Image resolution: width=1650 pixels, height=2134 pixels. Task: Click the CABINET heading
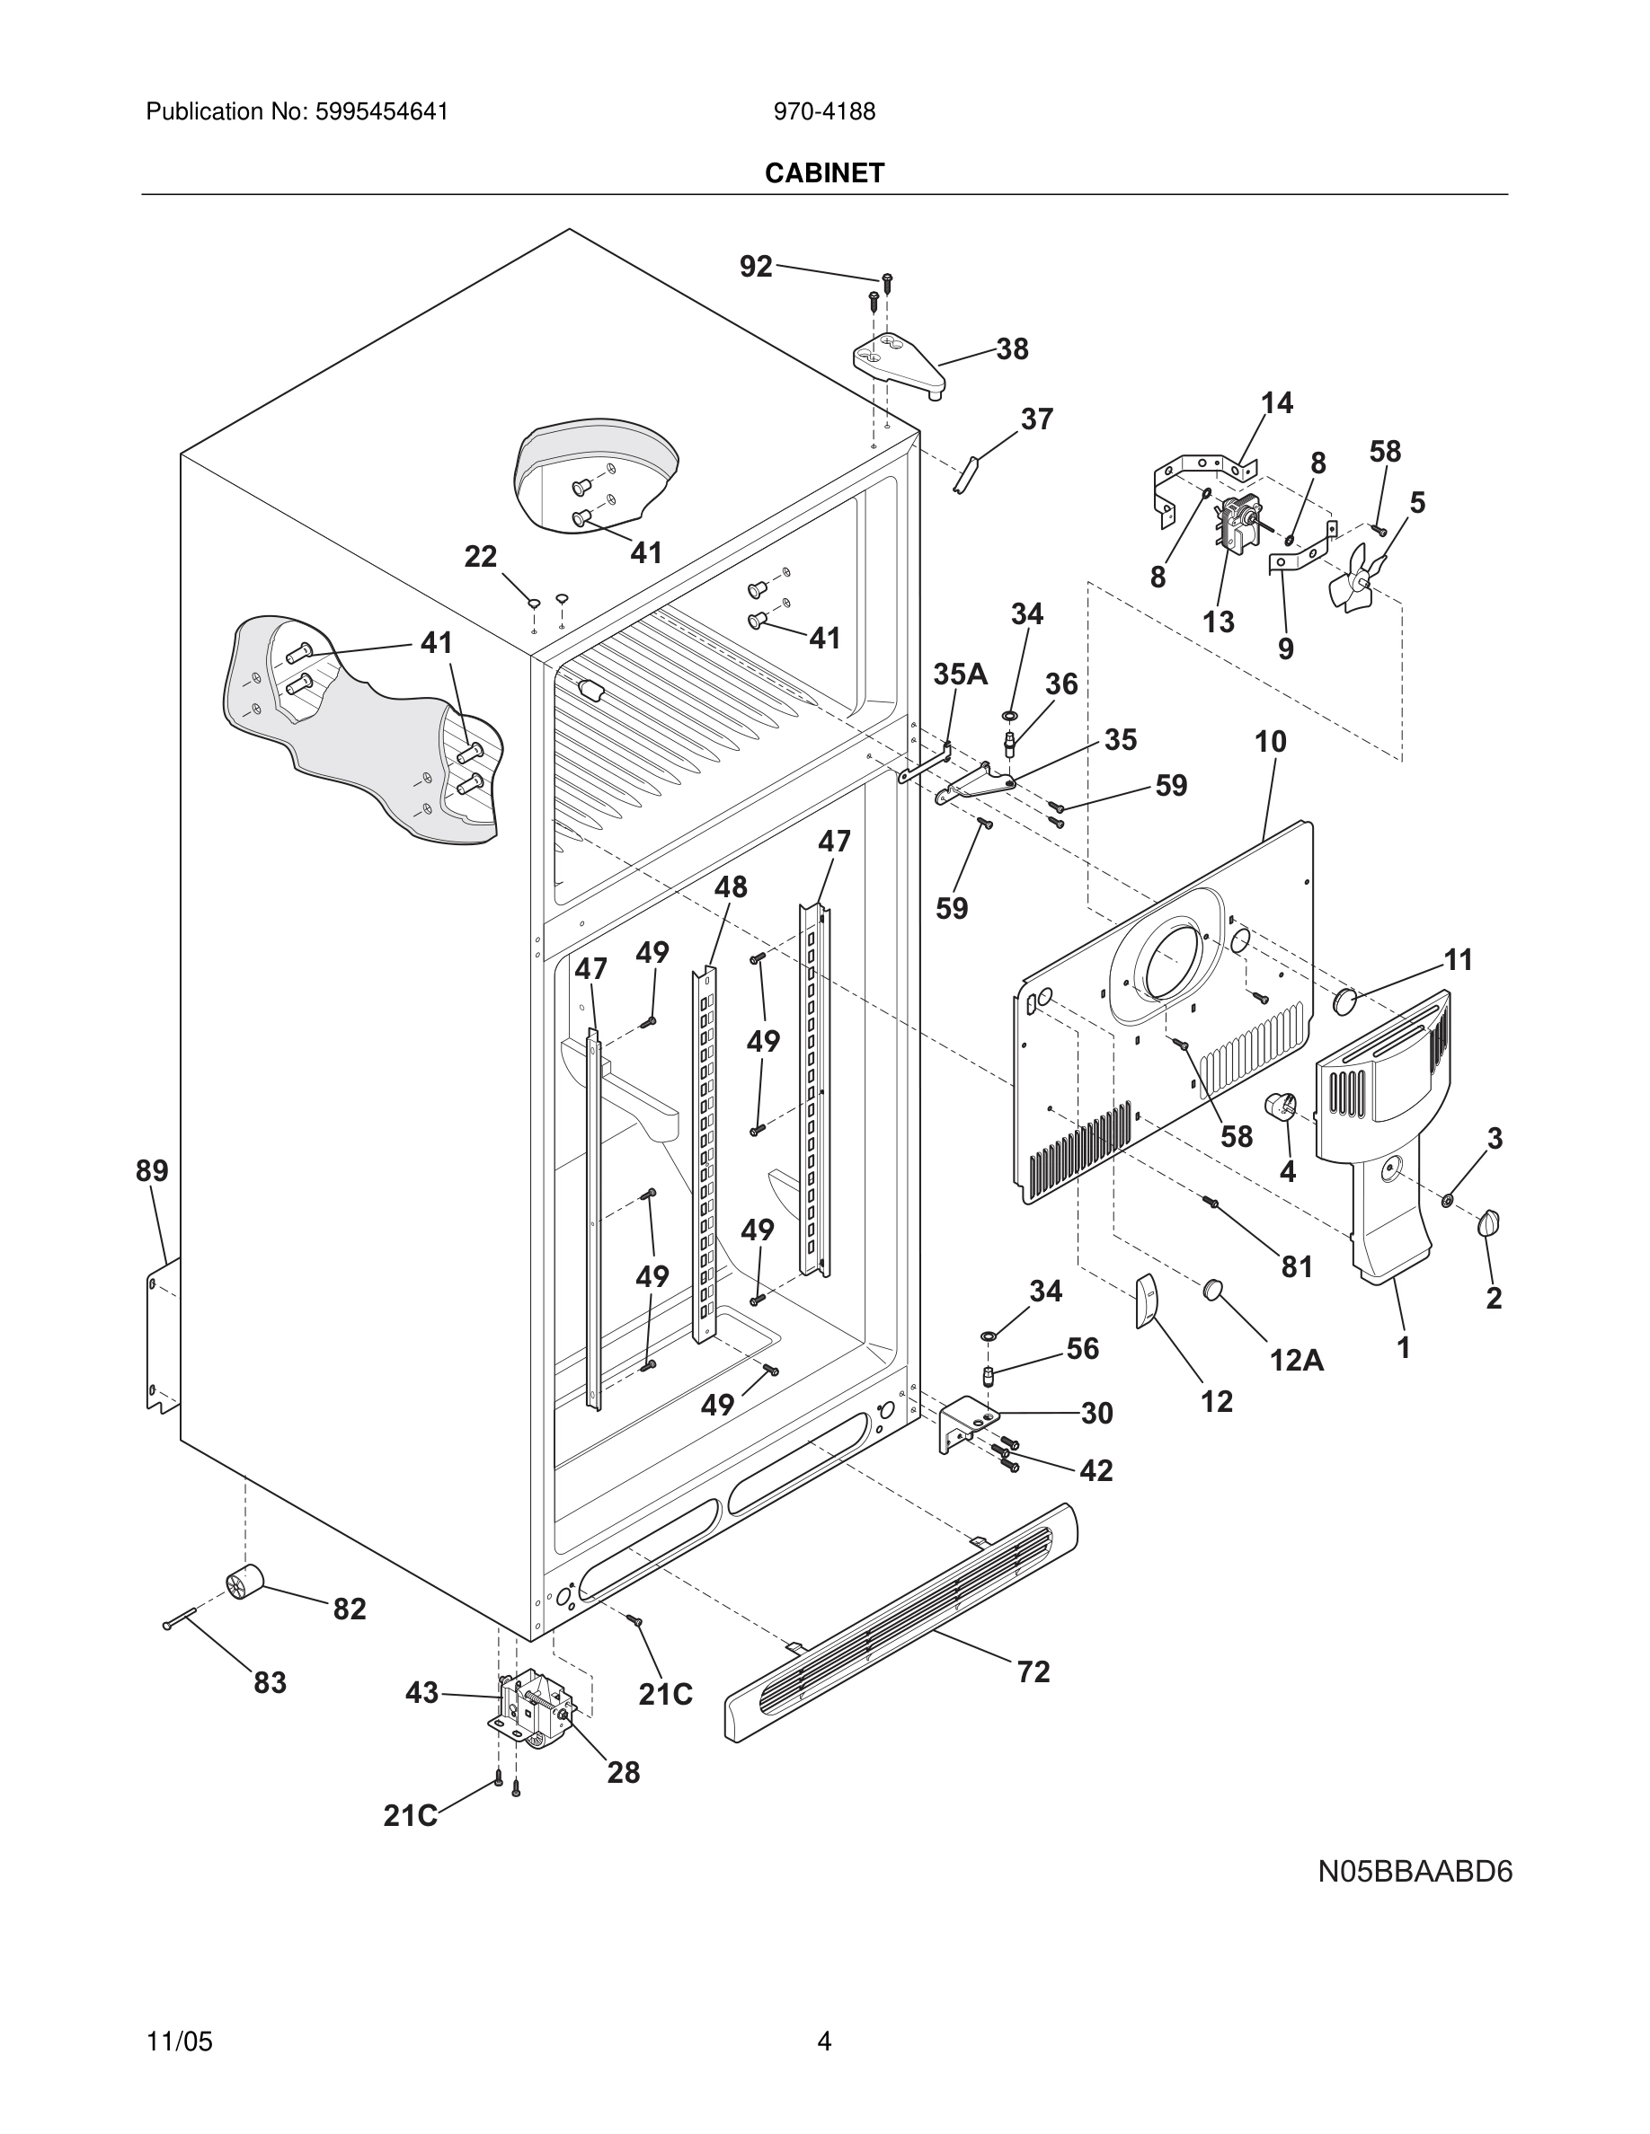pyautogui.click(x=824, y=173)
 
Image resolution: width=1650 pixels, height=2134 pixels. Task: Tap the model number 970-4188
pyautogui.click(x=824, y=111)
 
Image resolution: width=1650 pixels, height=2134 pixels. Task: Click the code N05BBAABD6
pyautogui.click(x=1415, y=1871)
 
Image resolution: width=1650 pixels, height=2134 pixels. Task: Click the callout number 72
pyautogui.click(x=1033, y=1671)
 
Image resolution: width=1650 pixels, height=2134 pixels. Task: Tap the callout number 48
pyautogui.click(x=730, y=886)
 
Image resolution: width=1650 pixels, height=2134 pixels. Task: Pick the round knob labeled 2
pyautogui.click(x=1490, y=1222)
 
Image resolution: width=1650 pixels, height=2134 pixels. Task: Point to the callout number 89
pyautogui.click(x=152, y=1169)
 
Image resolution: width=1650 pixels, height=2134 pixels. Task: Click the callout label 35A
pyautogui.click(x=960, y=674)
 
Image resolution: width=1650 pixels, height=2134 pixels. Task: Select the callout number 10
pyautogui.click(x=1270, y=742)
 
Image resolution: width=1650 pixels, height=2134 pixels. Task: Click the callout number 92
pyautogui.click(x=756, y=266)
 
